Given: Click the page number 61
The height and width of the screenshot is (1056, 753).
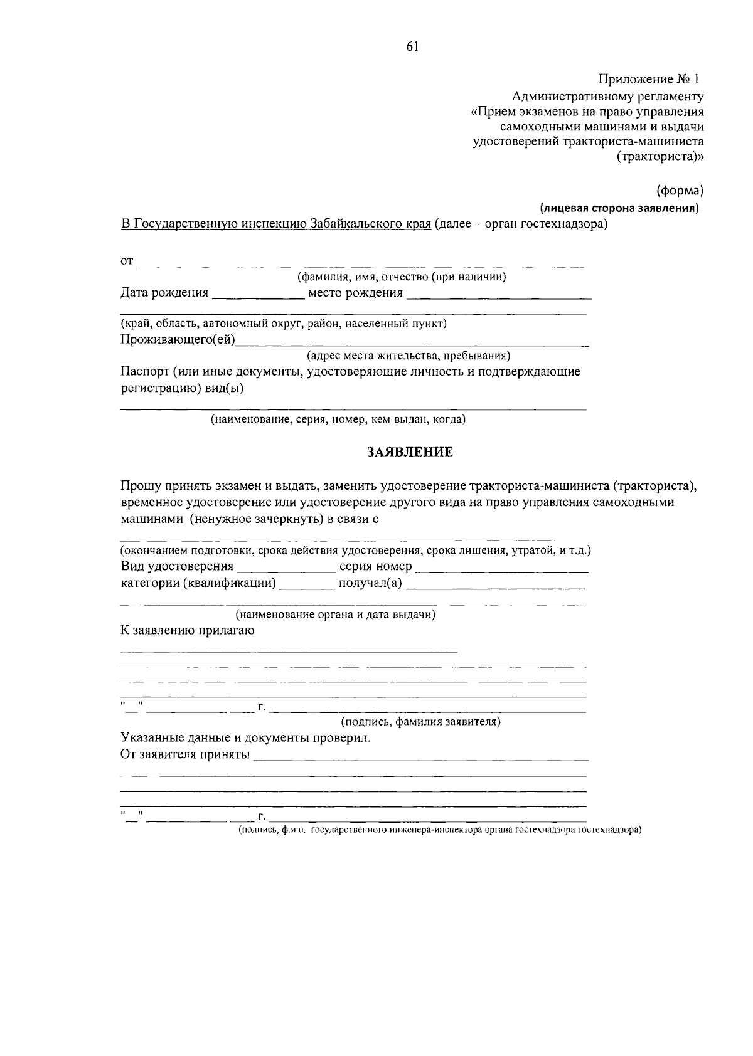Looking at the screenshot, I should pyautogui.click(x=412, y=47).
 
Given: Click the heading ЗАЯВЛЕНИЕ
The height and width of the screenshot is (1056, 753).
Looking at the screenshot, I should pyautogui.click(x=410, y=452).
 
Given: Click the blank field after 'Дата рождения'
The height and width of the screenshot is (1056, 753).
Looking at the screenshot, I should pyautogui.click(x=258, y=296).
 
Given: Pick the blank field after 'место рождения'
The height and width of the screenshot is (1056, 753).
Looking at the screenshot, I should pyautogui.click(x=499, y=296).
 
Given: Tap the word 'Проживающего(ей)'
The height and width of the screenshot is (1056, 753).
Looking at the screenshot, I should pyautogui.click(x=179, y=341).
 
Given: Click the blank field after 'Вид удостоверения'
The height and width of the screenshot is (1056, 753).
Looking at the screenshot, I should pyautogui.click(x=286, y=569).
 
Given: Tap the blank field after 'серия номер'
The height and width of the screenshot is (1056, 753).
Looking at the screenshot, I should pyautogui.click(x=502, y=569).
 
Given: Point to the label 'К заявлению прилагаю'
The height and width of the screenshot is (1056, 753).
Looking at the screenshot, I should pyautogui.click(x=187, y=631).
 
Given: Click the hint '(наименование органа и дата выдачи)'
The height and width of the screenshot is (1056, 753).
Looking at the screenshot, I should pyautogui.click(x=335, y=615).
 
